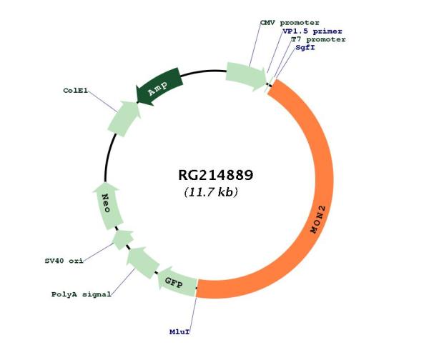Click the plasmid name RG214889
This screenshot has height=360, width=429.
pos(216,175)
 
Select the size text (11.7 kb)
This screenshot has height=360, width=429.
pos(211,192)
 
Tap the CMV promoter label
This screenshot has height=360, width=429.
pos(290,23)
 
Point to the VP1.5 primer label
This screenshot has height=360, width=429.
pos(312,31)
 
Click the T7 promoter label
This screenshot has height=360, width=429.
pos(318,39)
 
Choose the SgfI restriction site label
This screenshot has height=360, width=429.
pos(305,48)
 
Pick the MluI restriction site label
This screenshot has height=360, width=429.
pos(179,332)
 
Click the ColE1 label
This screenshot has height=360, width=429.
pos(76,91)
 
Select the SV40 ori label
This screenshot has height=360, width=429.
pos(64,261)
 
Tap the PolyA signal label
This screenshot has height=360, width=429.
pos(82,294)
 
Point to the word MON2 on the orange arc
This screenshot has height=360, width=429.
pos(318,219)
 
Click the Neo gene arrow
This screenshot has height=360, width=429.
pos(107,206)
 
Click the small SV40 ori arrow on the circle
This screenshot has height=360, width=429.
pos(123,240)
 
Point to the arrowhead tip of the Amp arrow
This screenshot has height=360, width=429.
pos(137,103)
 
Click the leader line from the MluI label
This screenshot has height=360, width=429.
pos(193,312)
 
